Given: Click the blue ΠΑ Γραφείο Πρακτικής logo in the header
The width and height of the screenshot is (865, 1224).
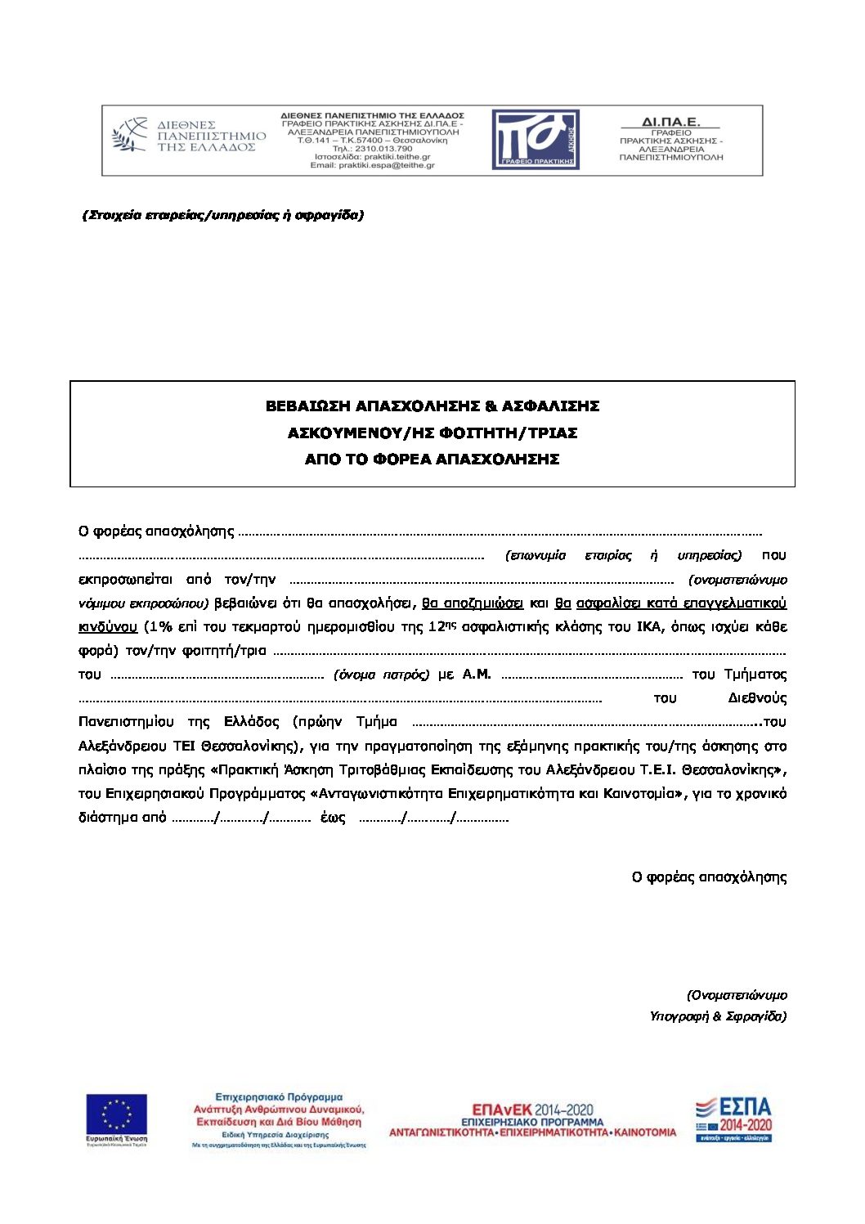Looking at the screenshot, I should point(536,140).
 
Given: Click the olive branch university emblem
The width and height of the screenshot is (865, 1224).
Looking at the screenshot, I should point(129,135).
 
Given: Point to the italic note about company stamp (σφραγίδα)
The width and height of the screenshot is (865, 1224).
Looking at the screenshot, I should point(223,215).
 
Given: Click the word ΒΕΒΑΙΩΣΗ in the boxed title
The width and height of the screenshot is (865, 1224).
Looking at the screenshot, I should point(307,406).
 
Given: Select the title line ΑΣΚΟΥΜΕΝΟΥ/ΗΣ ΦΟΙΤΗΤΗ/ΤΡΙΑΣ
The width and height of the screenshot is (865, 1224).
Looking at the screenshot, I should point(432,433).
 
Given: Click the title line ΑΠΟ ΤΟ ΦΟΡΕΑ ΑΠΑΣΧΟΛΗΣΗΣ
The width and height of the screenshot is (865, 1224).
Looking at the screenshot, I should point(432,460).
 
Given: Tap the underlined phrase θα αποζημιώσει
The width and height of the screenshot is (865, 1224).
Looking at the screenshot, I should point(473,603).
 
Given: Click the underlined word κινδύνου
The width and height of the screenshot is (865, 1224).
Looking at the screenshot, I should point(108,627).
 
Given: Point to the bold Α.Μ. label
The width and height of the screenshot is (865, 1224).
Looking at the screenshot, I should point(477,675).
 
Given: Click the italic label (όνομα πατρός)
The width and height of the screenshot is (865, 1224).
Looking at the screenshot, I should point(381,675).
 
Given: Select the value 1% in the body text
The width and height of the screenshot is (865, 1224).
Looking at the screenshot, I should point(159,627).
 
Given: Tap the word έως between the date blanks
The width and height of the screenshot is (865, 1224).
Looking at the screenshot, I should point(333,818).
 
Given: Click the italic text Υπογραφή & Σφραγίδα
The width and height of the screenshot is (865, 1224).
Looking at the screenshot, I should point(718,1016).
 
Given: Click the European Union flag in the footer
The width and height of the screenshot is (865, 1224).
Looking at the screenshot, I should point(117,1115).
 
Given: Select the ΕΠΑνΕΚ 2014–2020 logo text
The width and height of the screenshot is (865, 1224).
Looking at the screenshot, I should point(532,1110).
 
